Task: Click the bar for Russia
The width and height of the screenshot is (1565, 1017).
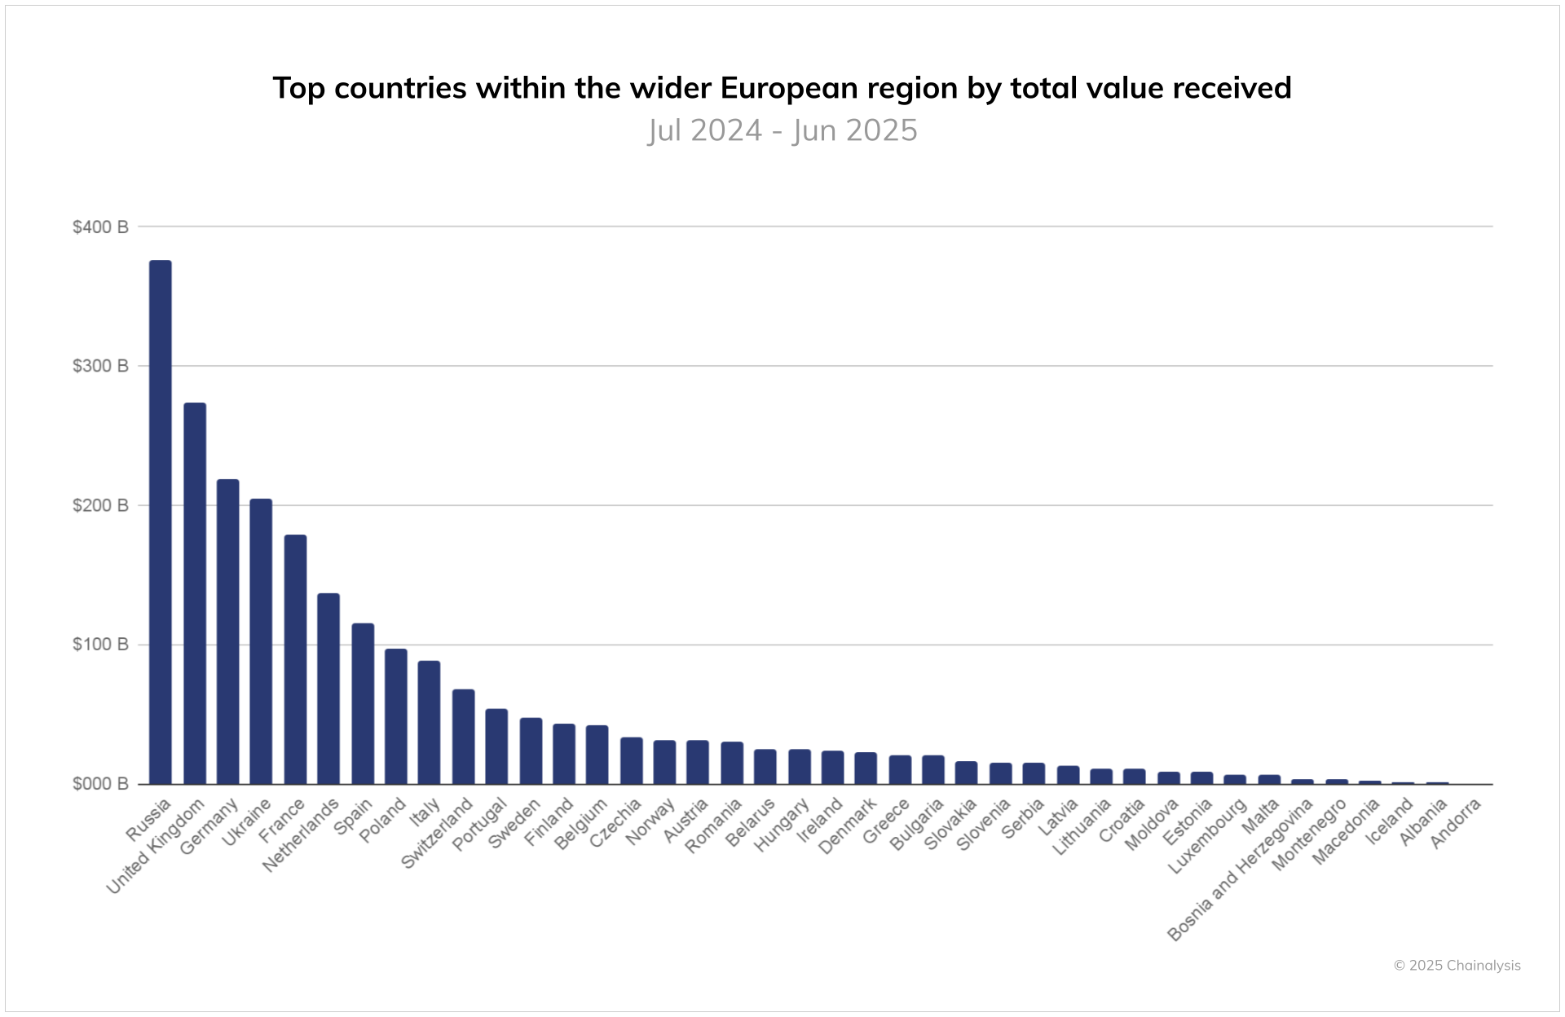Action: coord(161,522)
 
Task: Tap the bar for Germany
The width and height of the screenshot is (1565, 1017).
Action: coord(227,632)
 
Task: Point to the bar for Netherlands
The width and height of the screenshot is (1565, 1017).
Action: coord(328,689)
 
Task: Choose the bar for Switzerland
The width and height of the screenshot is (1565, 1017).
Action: coord(463,737)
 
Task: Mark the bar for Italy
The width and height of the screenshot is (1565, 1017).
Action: coord(429,722)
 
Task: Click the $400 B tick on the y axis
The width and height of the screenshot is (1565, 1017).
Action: coord(100,227)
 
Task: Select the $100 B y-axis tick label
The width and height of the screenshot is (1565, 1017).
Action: coord(100,645)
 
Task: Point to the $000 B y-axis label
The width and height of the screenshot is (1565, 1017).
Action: coord(100,784)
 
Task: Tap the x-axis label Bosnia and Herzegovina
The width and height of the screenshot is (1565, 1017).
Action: coord(1241,871)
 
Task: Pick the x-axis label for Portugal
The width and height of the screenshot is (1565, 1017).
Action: coord(480,825)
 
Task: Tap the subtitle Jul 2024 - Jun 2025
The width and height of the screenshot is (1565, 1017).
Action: coord(782,130)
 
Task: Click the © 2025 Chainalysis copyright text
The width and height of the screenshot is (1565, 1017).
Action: coord(1457,966)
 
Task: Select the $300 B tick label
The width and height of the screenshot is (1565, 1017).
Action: coord(100,366)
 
